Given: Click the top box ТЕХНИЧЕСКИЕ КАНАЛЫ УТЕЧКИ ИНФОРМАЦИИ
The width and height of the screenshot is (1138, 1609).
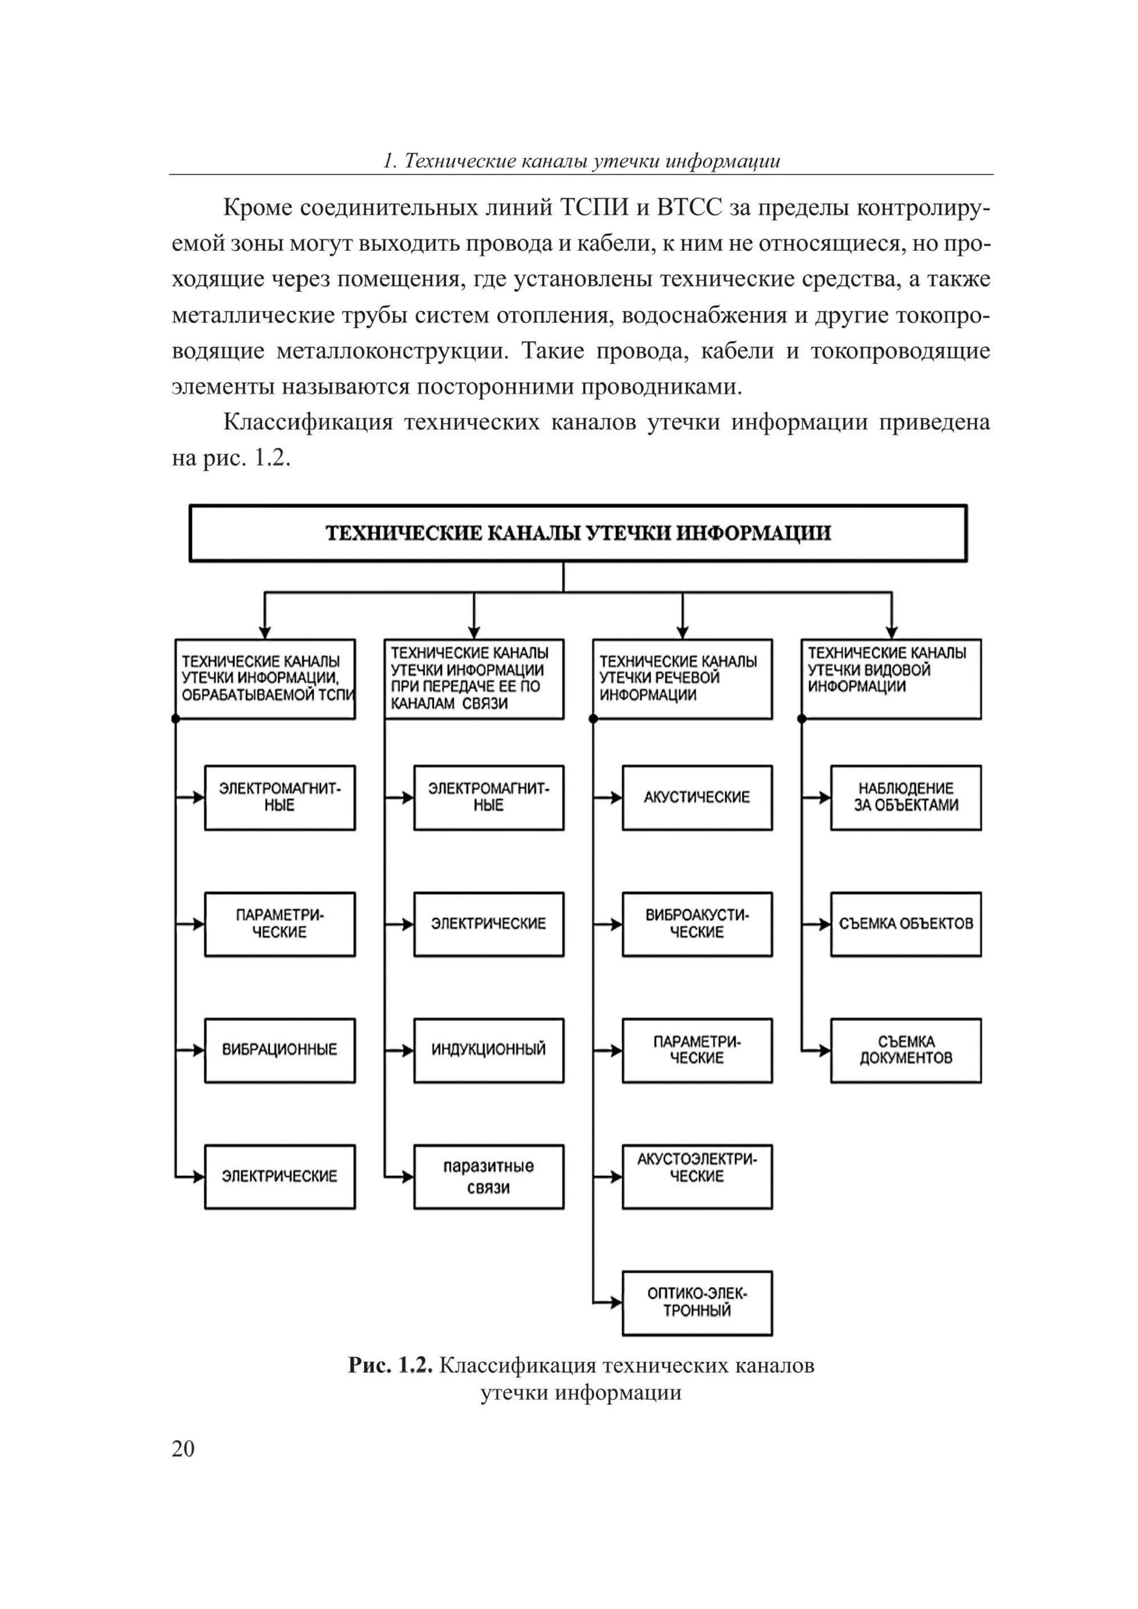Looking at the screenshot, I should [578, 533].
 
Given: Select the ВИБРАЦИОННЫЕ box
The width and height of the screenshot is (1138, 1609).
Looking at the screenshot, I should [280, 1050].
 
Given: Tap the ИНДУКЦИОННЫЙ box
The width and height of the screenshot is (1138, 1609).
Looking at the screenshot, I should [488, 1050].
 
